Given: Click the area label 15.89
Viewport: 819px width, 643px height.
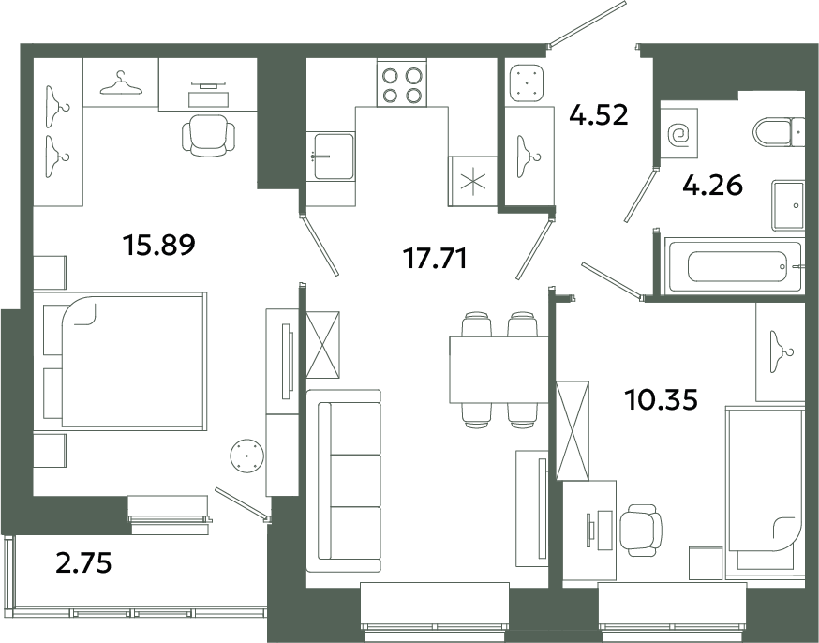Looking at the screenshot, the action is click(x=158, y=245).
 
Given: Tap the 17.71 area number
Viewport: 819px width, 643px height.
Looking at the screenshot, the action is click(x=435, y=259).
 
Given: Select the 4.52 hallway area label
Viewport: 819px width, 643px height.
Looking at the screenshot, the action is click(x=599, y=115).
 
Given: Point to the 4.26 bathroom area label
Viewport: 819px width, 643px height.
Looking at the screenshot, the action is click(x=712, y=186).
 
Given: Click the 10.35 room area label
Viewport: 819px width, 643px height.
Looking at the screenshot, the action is click(x=661, y=400).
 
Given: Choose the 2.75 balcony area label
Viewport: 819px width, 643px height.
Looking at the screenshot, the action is click(x=83, y=563).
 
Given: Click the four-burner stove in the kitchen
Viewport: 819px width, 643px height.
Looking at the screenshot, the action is click(x=402, y=82).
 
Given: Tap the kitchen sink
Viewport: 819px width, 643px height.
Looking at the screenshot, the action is click(x=331, y=157).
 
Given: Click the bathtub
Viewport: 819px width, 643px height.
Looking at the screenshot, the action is click(x=734, y=266).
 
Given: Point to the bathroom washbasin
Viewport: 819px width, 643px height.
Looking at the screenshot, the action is click(x=788, y=205).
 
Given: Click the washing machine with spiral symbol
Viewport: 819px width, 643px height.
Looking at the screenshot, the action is click(x=679, y=134).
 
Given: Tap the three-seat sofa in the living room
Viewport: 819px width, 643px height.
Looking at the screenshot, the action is click(x=344, y=481).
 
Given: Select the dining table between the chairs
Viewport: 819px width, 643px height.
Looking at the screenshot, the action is click(x=499, y=370).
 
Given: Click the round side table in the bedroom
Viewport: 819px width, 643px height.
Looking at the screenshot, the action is click(x=247, y=456).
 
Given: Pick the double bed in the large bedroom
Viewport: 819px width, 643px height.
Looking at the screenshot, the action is click(x=120, y=362).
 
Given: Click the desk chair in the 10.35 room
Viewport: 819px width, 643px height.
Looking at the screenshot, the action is click(x=641, y=531).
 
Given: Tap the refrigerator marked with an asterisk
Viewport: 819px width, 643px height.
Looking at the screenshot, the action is click(x=472, y=181).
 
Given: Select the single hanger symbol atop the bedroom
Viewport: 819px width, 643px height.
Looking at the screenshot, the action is click(x=121, y=82).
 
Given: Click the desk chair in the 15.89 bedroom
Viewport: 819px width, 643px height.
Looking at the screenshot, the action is click(x=208, y=135).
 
